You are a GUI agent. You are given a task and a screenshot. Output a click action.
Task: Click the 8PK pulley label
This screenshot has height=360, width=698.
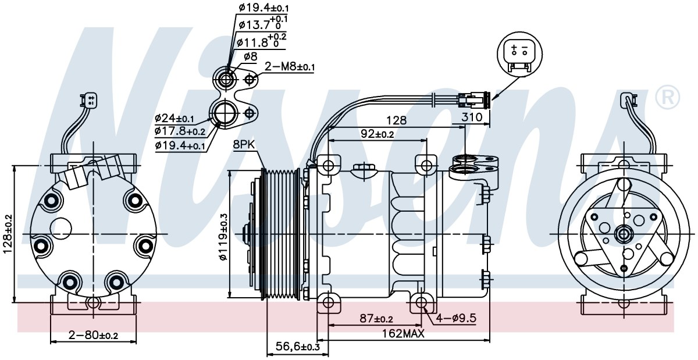(244, 145)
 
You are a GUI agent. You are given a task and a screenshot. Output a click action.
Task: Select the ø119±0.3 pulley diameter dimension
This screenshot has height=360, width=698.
(224, 237)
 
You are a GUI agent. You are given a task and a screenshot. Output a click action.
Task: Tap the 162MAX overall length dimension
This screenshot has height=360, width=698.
(403, 334)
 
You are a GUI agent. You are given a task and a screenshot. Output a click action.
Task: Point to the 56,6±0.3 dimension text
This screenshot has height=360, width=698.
(298, 347)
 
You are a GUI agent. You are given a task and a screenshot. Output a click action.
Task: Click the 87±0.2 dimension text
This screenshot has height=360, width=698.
(376, 318)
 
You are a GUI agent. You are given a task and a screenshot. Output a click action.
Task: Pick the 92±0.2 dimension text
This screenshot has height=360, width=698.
(378, 134)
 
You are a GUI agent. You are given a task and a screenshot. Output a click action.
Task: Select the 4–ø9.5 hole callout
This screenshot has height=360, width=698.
(456, 318)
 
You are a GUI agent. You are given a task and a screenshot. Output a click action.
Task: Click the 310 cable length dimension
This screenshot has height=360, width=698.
(472, 117)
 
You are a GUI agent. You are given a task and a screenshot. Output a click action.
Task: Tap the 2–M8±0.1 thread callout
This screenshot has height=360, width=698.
(290, 66)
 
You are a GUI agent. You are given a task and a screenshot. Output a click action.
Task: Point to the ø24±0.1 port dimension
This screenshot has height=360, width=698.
(174, 118)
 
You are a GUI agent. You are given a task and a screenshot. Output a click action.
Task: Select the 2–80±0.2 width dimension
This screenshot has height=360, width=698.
(93, 335)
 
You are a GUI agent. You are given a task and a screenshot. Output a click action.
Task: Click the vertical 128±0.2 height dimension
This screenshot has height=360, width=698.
(8, 234)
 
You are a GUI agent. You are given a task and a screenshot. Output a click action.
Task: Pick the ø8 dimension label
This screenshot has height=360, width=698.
(250, 56)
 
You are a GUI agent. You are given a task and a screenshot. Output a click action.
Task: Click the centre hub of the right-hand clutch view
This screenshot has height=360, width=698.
(624, 234)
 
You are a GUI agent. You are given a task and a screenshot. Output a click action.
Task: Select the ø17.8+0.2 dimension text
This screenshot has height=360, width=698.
(180, 131)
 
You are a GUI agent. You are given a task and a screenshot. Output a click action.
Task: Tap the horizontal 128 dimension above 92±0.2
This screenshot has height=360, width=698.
(396, 120)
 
